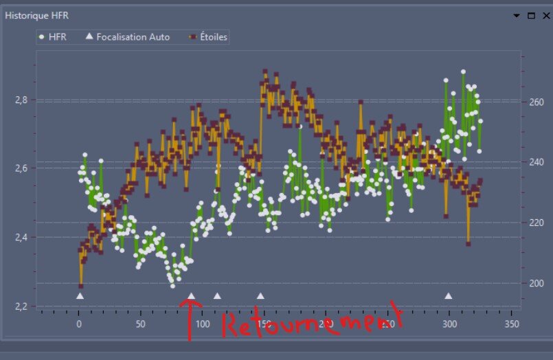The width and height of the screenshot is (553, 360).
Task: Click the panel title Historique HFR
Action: pyautogui.click(x=36, y=15)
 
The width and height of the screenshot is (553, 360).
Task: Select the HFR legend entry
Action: pyautogui.click(x=54, y=36)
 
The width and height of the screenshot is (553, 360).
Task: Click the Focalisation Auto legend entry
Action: pyautogui.click(x=128, y=36)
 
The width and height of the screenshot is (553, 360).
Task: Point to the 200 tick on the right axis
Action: pyautogui.click(x=536, y=283)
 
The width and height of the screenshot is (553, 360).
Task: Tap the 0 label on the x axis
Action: pyautogui.click(x=79, y=323)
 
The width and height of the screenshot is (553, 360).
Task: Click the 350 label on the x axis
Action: pyautogui.click(x=511, y=323)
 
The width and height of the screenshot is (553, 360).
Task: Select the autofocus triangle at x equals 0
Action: pyautogui.click(x=80, y=296)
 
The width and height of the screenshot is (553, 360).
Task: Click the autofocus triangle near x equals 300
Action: pyautogui.click(x=449, y=296)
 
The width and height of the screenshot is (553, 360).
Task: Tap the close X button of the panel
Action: pyautogui.click(x=543, y=15)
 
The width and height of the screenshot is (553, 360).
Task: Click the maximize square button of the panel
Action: pyautogui.click(x=530, y=15)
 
